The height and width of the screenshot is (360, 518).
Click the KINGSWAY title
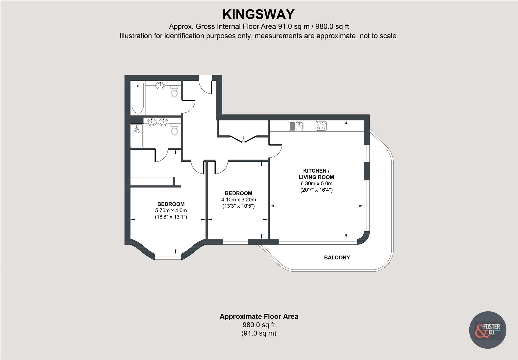click(259, 14)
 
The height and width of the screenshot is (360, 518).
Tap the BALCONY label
click(337, 257)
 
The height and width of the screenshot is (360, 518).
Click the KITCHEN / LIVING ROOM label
click(316, 174)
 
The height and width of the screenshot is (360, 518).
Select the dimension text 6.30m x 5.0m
click(316, 184)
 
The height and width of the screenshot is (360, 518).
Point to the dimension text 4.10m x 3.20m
click(239, 200)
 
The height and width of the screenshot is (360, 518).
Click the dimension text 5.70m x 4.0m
click(171, 211)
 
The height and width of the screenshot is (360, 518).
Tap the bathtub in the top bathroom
click(137, 98)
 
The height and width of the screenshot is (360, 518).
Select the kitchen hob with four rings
click(321, 126)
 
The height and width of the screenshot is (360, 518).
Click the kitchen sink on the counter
click(296, 126)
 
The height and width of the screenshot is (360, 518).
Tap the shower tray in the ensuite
click(137, 136)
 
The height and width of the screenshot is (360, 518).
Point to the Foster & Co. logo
click(488, 330)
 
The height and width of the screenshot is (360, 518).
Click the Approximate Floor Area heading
click(259, 317)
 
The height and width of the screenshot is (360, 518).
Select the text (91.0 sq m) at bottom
click(259, 333)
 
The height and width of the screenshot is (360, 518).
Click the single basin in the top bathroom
click(160, 85)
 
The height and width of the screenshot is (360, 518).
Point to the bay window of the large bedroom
click(168, 256)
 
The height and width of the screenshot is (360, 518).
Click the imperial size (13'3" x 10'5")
click(239, 206)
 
